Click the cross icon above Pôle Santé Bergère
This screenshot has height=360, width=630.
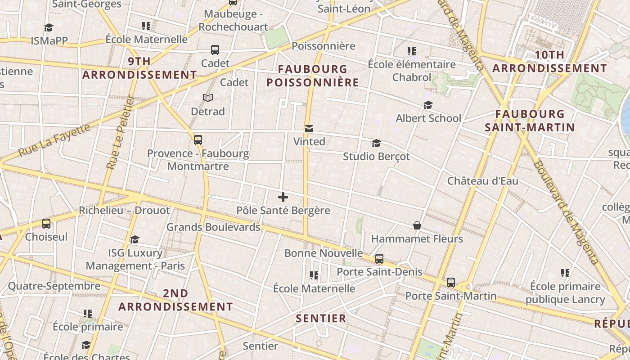tap(283, 197)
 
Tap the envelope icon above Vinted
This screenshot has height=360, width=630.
tap(309, 129)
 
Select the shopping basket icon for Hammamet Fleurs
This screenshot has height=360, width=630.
tap(417, 225)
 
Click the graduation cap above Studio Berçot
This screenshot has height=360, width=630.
tap(376, 144)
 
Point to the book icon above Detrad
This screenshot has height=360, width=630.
tap(207, 98)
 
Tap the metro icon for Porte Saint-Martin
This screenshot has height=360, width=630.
tap(451, 283)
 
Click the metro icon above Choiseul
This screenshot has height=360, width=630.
tap(46, 223)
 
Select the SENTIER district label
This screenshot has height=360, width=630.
tap(321, 319)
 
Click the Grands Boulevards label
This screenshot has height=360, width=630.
tap(213, 227)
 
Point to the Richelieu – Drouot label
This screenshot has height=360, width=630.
tap(124, 210)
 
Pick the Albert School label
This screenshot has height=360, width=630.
tap(428, 118)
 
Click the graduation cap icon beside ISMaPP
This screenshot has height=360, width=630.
tap(49, 28)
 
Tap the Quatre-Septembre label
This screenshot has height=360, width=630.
tap(54, 286)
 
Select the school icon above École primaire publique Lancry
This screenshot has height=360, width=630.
tap(565, 273)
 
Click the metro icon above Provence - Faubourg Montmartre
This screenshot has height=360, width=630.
tap(198, 140)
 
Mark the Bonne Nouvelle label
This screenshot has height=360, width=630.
tap(324, 253)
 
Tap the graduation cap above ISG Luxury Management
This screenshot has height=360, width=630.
tap(135, 239)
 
